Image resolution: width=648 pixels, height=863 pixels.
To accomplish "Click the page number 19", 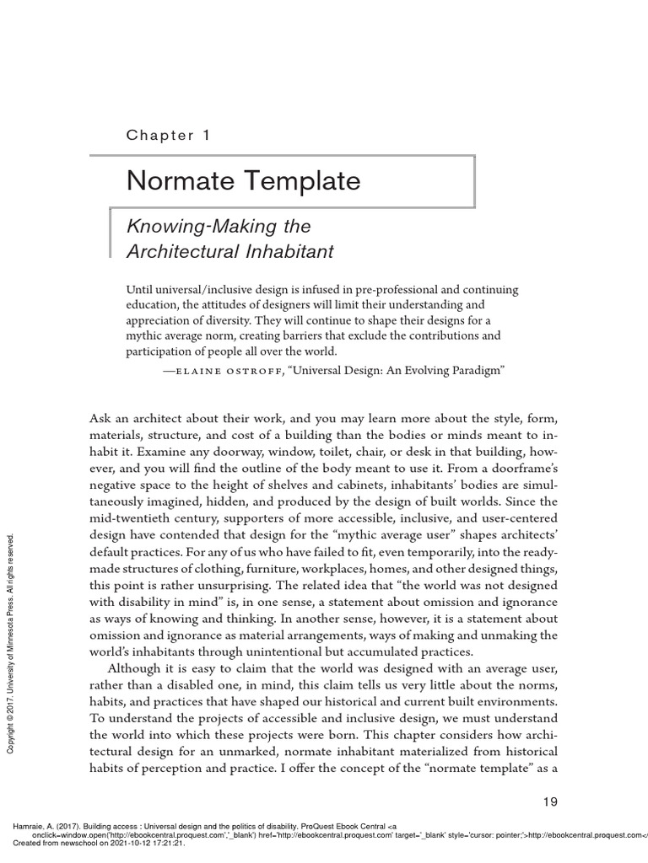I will [548, 801].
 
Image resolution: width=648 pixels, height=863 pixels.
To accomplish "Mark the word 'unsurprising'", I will [253, 586].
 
